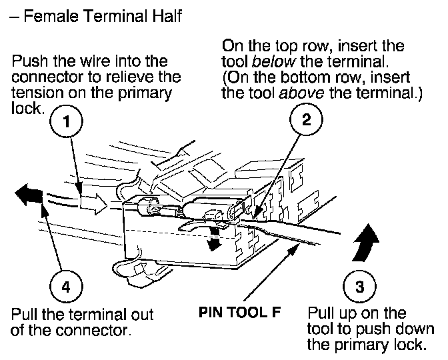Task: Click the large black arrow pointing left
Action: click(29, 195)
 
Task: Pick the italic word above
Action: click(299, 93)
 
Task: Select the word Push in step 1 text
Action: click(27, 61)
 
